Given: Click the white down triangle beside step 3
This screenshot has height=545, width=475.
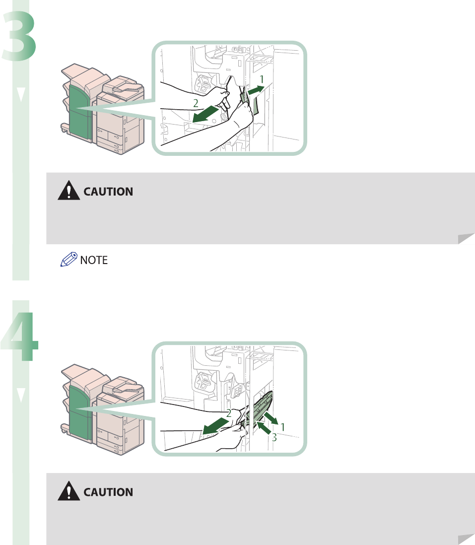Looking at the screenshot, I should click(20, 95).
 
